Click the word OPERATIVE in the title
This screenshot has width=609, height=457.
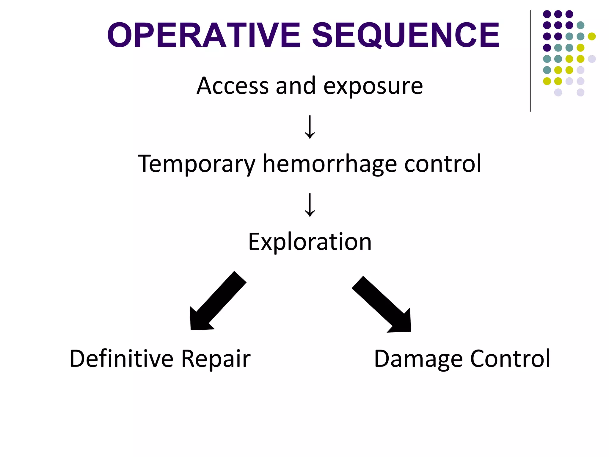tap(204, 35)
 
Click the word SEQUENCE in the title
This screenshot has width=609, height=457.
tap(406, 35)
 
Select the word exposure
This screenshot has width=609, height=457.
tap(373, 87)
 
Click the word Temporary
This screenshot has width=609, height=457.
tap(197, 164)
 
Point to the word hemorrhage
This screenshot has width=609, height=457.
tap(330, 164)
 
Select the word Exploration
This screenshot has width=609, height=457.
tap(310, 242)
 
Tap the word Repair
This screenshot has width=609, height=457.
tap(216, 359)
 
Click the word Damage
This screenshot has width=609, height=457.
tap(418, 359)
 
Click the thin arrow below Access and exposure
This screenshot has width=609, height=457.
tap(310, 127)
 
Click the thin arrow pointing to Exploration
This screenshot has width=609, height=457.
tap(310, 205)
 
